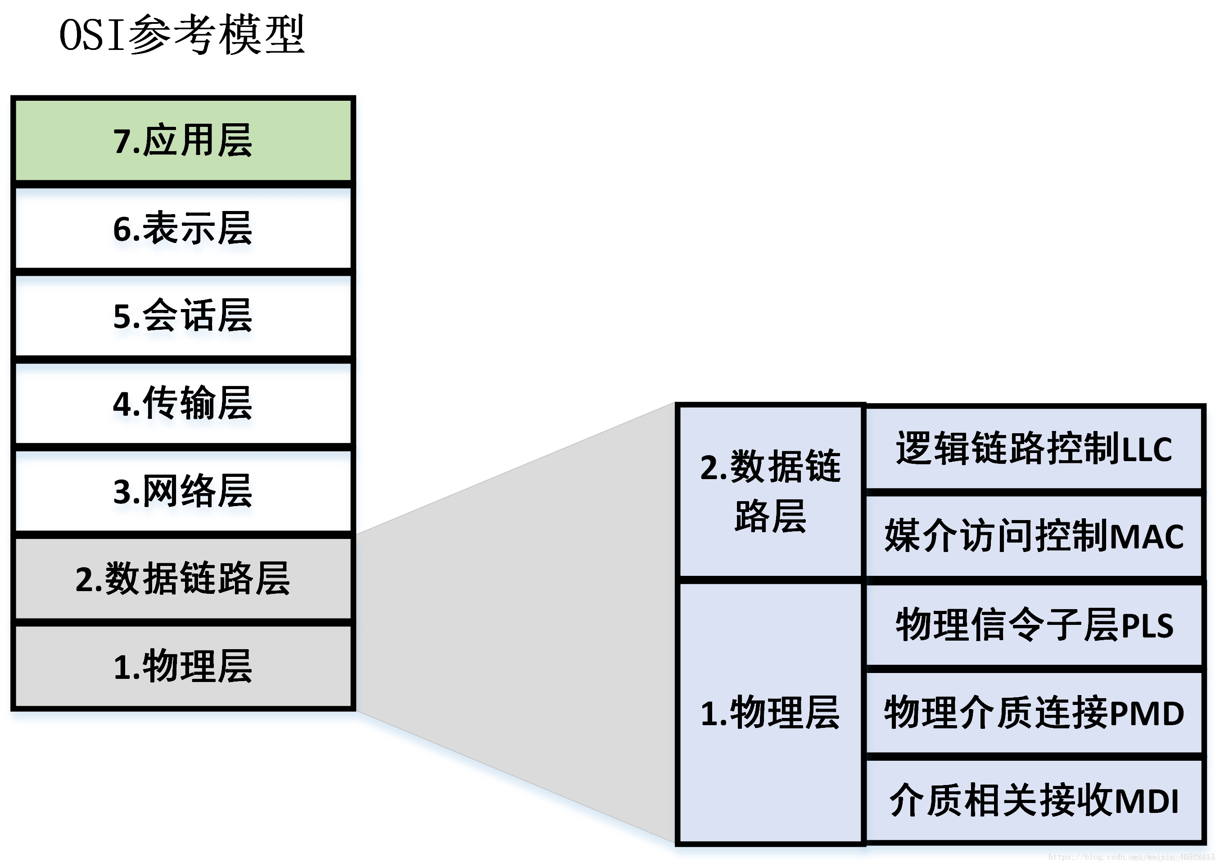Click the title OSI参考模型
coord(181,35)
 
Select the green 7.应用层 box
coord(183,141)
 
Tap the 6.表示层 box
coord(183,228)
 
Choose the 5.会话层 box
coord(183,316)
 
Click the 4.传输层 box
coord(183,403)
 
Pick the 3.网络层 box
coord(183,491)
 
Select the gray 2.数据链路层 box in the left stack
coord(183,579)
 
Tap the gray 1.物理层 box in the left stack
coord(183,667)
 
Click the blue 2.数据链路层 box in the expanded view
coord(769,491)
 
